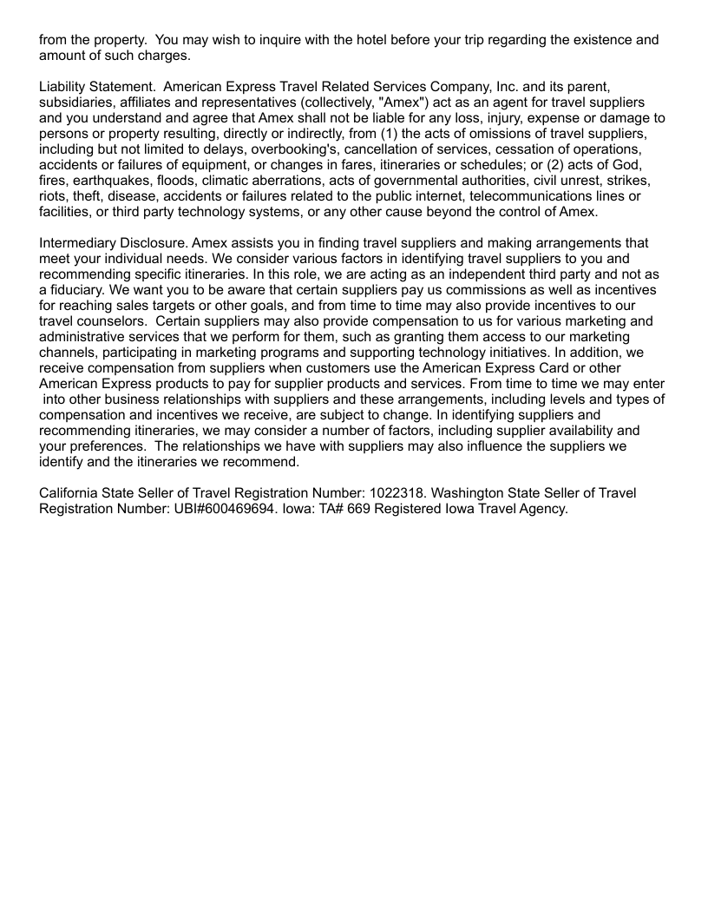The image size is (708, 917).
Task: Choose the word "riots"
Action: (x=54, y=196)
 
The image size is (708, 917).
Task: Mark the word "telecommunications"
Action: (x=533, y=196)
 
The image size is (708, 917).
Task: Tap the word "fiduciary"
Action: (x=81, y=290)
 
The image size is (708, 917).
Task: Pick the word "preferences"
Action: (x=109, y=446)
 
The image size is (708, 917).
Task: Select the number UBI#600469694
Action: (x=219, y=509)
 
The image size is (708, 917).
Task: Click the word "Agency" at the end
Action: (x=541, y=509)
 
